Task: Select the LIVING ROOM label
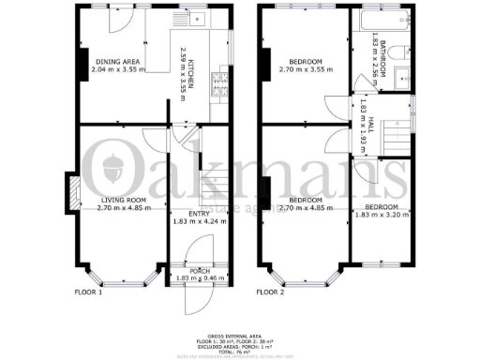(122, 200)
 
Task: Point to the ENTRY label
(192, 215)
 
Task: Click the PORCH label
(192, 272)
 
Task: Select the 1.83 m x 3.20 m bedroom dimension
(382, 214)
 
